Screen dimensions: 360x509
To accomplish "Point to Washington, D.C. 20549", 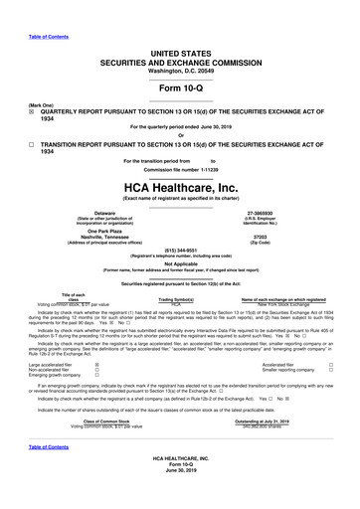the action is click(179, 55).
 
